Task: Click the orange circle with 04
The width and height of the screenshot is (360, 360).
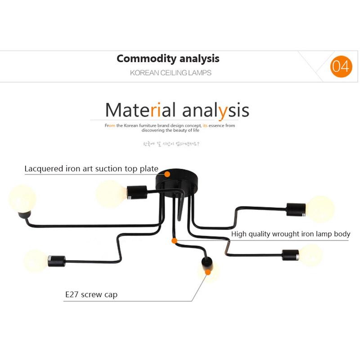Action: [341, 67]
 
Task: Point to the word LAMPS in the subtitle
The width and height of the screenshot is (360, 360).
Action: [199, 72]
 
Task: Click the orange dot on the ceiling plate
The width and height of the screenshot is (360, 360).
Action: [167, 174]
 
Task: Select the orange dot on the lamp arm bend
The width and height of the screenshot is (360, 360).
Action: [174, 241]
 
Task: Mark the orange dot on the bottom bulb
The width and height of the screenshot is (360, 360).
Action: [208, 272]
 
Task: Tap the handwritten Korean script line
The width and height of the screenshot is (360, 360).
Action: [171, 145]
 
